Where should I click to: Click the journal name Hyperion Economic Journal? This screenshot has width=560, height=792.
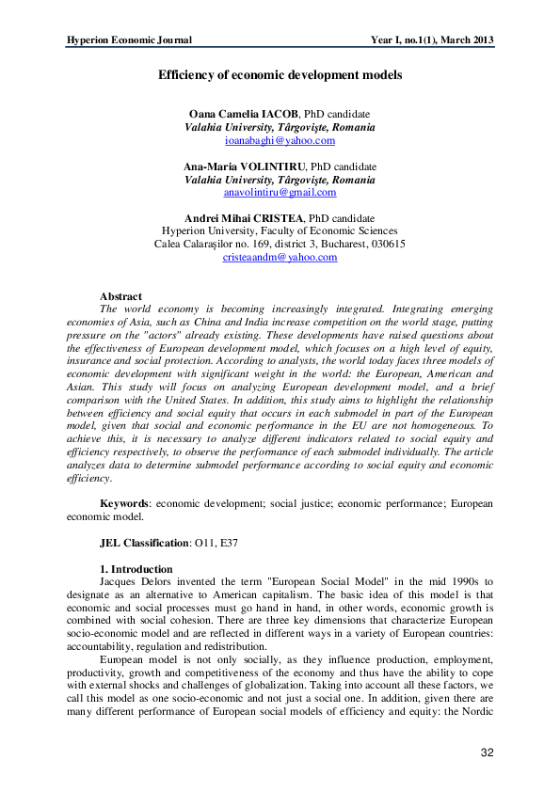(x=129, y=40)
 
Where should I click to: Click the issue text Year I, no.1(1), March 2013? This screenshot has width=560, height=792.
(x=433, y=40)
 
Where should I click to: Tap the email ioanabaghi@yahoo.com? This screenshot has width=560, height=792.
(x=280, y=140)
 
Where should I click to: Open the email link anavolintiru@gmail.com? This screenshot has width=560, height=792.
(x=280, y=192)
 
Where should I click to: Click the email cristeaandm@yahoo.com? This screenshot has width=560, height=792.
(x=280, y=257)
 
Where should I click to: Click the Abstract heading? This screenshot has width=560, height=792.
(x=120, y=296)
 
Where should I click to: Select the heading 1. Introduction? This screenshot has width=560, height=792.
(x=136, y=569)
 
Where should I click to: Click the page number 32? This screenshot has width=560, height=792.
(x=487, y=752)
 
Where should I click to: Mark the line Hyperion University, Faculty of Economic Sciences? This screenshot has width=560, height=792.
(x=280, y=230)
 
